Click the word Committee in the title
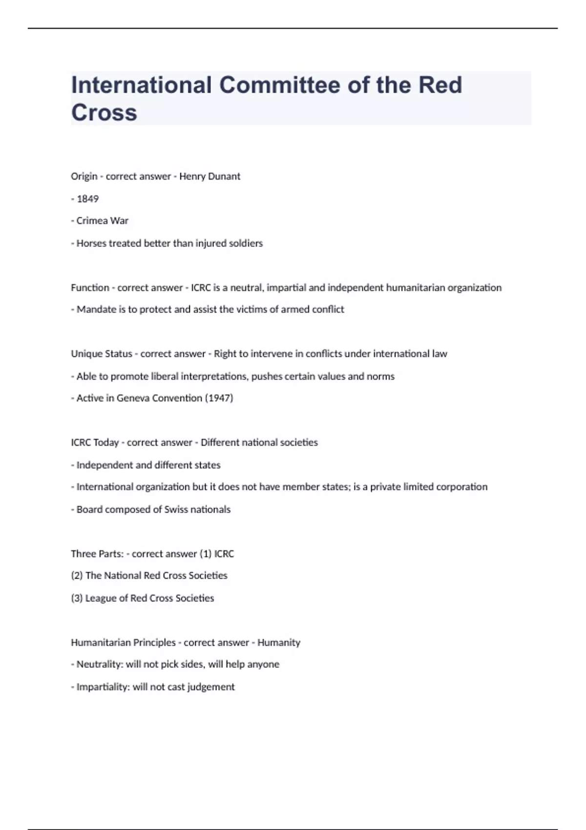tap(279, 85)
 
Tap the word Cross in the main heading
tap(104, 112)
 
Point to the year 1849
tap(88, 199)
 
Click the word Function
tap(90, 288)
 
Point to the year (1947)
tap(219, 398)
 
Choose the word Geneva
tap(133, 398)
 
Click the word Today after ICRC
tap(106, 443)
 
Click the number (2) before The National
tap(77, 576)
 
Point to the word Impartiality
tap(103, 687)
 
